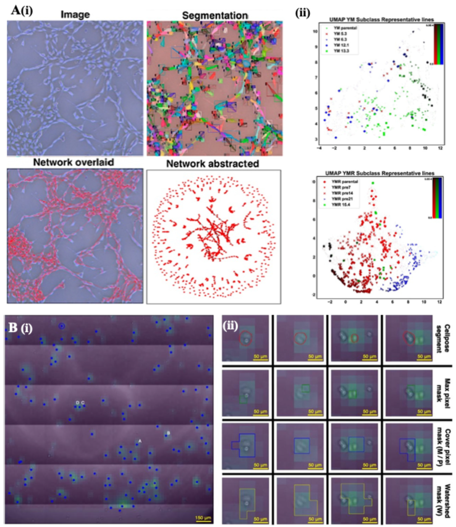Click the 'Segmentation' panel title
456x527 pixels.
pos(215,16)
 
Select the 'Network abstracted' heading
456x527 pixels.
pos(213,164)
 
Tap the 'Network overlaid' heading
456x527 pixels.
pos(74,162)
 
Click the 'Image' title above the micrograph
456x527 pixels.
pos(75,14)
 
